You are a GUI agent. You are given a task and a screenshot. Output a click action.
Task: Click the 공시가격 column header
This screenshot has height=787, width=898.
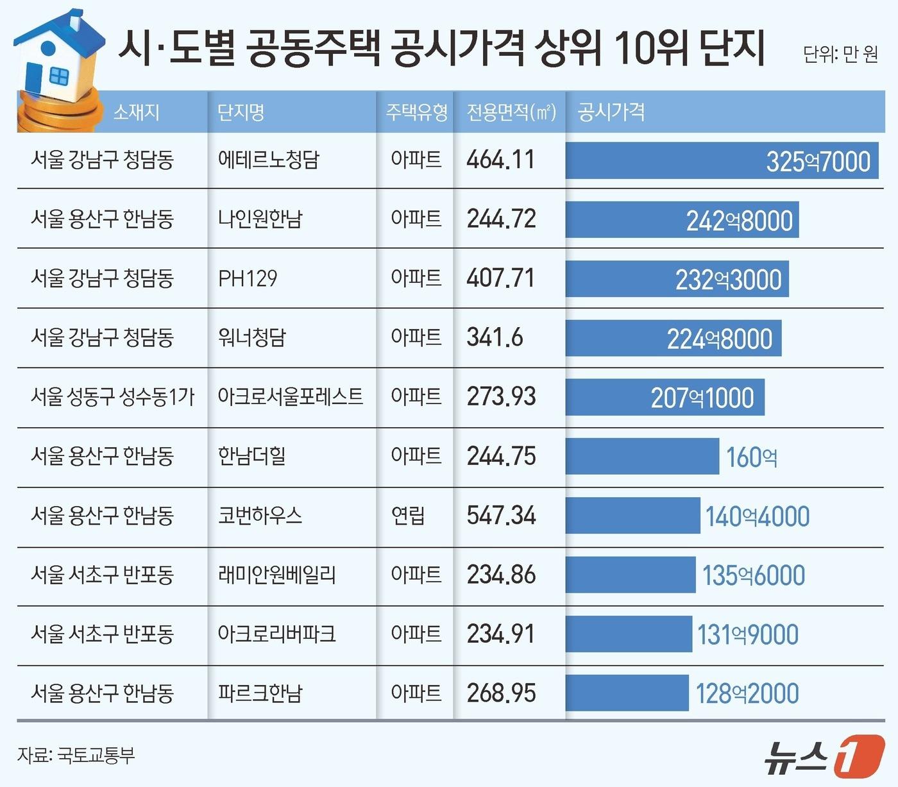tap(611, 112)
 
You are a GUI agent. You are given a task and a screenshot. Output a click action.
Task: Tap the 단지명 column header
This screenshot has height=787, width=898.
tap(241, 112)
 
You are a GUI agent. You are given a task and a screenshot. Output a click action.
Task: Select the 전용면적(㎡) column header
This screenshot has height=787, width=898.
tap(511, 112)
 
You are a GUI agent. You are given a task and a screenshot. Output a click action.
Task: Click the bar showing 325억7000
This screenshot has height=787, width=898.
tap(721, 161)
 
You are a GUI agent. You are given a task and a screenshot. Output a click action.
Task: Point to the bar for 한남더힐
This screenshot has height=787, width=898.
tap(641, 457)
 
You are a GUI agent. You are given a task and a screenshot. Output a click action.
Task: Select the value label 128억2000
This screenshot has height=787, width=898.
tap(747, 693)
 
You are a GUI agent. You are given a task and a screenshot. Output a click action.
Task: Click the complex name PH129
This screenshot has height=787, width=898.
tap(248, 278)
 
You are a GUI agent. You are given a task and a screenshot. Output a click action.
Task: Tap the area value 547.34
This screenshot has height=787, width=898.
tap(501, 516)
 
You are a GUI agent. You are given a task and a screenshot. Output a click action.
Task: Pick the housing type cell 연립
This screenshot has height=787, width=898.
tap(408, 516)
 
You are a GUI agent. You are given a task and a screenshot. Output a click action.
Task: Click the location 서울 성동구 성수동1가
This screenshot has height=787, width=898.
tap(112, 397)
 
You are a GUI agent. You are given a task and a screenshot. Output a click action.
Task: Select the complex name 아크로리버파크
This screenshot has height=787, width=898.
tap(276, 634)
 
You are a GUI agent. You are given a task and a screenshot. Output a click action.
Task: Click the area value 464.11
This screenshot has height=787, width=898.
tap(500, 160)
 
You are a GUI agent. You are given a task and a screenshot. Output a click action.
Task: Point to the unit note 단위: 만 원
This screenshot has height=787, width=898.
tap(840, 55)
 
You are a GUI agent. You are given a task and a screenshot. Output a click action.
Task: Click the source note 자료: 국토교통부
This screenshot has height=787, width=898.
tap(76, 755)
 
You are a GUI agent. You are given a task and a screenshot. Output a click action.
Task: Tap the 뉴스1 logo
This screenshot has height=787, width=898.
tap(824, 757)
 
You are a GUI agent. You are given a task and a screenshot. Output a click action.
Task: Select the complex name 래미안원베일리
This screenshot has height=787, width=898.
tap(276, 575)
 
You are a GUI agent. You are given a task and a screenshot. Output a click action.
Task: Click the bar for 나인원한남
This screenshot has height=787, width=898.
tap(681, 220)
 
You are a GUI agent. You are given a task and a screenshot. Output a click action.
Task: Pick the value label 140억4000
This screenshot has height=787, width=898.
tap(757, 516)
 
